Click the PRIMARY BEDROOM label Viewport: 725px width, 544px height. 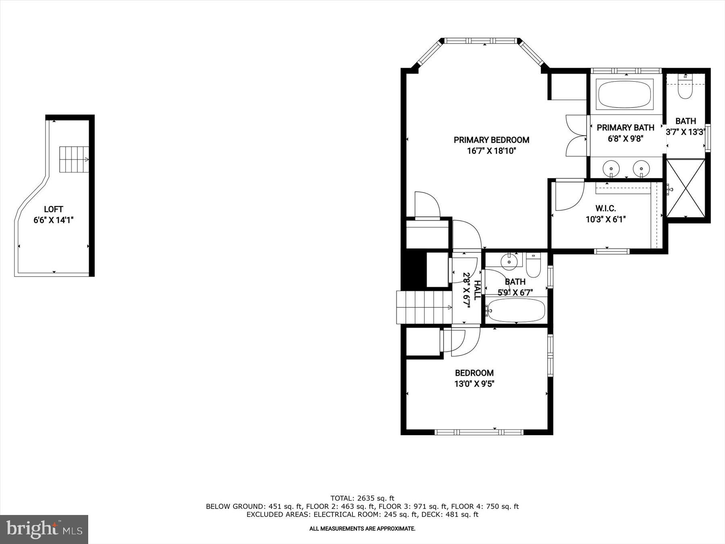[491, 140]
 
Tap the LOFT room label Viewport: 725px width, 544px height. [53, 210]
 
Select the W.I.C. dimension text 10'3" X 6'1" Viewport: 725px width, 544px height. [605, 220]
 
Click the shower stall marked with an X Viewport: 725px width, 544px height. [686, 188]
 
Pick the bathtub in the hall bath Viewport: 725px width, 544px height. [516, 310]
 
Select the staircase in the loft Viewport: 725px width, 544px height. [74, 160]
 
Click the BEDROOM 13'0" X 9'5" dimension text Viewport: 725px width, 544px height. [474, 384]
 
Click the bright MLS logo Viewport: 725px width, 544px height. [44, 529]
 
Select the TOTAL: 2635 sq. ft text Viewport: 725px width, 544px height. [362, 498]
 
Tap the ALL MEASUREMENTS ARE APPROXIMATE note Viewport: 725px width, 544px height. [362, 529]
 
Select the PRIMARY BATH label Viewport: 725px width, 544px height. [625, 128]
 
